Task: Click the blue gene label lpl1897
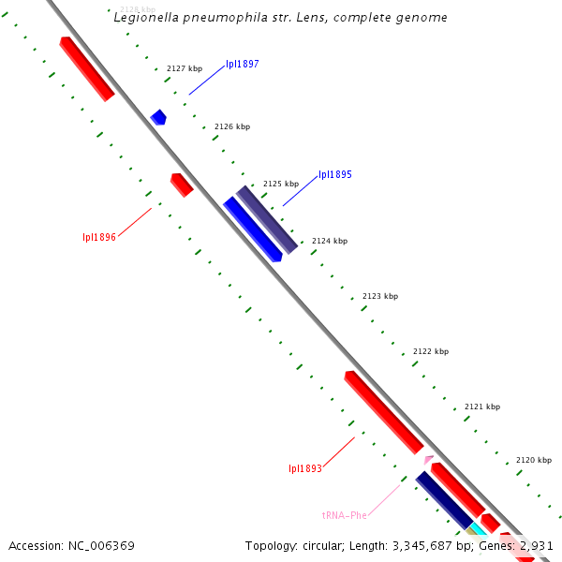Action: (243, 65)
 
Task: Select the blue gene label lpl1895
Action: (335, 174)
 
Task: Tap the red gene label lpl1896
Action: (99, 237)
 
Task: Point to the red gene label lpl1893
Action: (305, 468)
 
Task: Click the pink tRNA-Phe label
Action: (345, 515)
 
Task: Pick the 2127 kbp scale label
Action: (184, 68)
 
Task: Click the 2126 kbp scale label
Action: (232, 126)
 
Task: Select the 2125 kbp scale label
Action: (281, 184)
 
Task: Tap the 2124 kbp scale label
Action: (330, 241)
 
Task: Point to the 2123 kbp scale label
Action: (380, 296)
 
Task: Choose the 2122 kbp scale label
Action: (431, 351)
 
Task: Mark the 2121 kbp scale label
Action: (482, 407)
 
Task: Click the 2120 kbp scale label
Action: (534, 460)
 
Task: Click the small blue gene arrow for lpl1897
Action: (158, 117)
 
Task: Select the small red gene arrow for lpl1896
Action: (182, 185)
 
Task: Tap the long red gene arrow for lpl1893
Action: (384, 412)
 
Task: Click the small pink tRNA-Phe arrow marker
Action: (429, 459)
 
